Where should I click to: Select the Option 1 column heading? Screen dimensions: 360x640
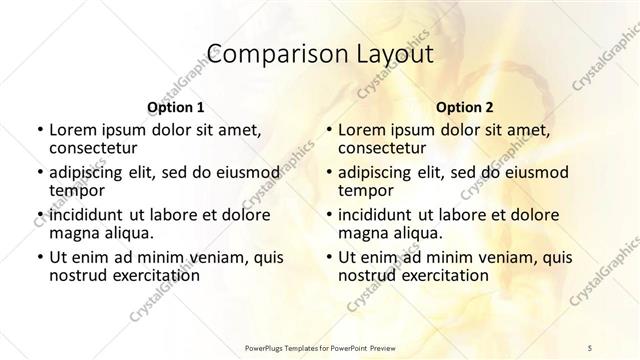[175, 107]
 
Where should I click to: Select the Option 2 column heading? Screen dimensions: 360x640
[465, 107]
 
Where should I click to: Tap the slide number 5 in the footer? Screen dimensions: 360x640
[591, 343]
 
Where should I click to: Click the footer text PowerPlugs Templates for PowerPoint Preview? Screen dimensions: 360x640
[320, 343]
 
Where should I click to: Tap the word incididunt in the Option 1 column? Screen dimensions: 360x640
[85, 215]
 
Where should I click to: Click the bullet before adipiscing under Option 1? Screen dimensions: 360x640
[39, 172]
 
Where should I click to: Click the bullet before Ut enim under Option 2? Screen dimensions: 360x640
[329, 257]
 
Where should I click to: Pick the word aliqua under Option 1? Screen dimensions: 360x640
[126, 233]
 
